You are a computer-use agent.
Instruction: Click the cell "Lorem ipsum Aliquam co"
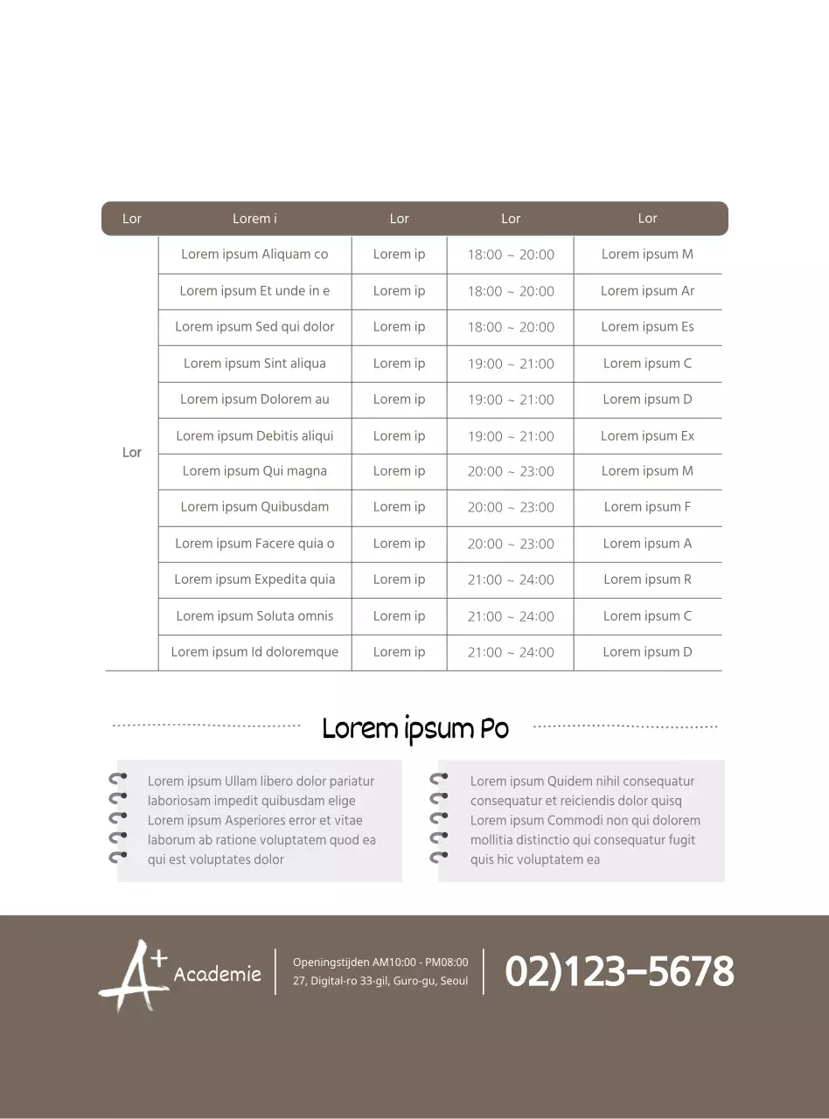pyautogui.click(x=254, y=254)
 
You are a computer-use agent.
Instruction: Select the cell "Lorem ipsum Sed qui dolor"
pyautogui.click(x=254, y=327)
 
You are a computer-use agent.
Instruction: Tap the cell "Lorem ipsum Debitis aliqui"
pyautogui.click(x=254, y=435)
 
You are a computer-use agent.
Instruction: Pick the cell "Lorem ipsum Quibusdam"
pyautogui.click(x=254, y=507)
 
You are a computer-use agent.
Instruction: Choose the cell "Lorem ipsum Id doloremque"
pyautogui.click(x=254, y=652)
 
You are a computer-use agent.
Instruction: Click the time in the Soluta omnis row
pyautogui.click(x=511, y=616)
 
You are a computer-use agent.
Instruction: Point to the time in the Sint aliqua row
pyautogui.click(x=511, y=364)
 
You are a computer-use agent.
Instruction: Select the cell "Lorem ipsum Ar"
pyautogui.click(x=647, y=291)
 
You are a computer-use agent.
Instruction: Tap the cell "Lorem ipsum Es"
pyautogui.click(x=647, y=327)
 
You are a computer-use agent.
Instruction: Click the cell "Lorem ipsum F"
pyautogui.click(x=647, y=507)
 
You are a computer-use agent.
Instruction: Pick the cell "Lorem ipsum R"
pyautogui.click(x=647, y=580)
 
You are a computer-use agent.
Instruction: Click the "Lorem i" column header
pyautogui.click(x=254, y=219)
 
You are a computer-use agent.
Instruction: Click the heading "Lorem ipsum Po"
pyautogui.click(x=415, y=728)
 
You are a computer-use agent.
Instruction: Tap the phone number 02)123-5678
pyautogui.click(x=619, y=972)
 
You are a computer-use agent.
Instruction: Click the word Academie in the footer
pyautogui.click(x=218, y=974)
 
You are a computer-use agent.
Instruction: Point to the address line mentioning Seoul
pyautogui.click(x=380, y=981)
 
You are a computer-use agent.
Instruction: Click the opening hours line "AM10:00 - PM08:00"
pyautogui.click(x=380, y=963)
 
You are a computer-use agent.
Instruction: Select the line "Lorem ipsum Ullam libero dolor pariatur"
pyautogui.click(x=261, y=782)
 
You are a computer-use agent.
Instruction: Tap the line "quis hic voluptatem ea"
pyautogui.click(x=535, y=859)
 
